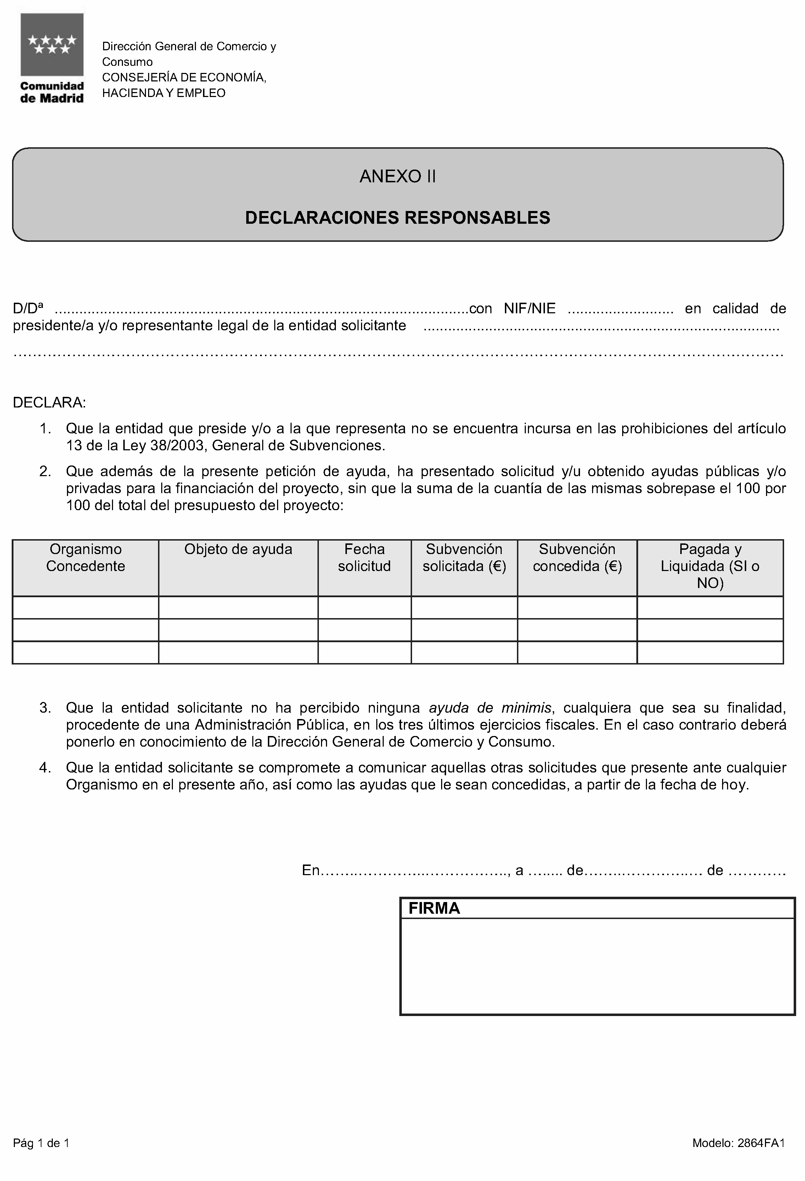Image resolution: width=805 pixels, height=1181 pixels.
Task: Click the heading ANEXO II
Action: (398, 176)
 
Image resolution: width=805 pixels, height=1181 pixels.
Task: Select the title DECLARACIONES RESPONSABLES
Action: (398, 217)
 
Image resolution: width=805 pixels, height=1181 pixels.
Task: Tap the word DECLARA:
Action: (49, 403)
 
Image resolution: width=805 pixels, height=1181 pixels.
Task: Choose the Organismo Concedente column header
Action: (85, 558)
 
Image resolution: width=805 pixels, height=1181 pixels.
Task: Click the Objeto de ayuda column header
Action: (238, 549)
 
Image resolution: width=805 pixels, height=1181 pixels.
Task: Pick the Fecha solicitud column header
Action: (364, 558)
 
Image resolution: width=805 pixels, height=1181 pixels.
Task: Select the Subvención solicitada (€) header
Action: (464, 558)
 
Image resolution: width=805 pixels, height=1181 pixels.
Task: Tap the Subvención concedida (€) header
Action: (577, 558)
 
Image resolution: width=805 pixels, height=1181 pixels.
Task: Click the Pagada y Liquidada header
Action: (710, 566)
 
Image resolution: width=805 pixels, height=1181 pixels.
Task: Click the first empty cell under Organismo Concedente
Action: (85, 607)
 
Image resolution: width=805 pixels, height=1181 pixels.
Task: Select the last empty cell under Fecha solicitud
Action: (364, 652)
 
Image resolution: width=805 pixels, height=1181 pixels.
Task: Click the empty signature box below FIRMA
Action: (597, 965)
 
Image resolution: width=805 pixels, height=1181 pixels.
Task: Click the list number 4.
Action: (45, 768)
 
